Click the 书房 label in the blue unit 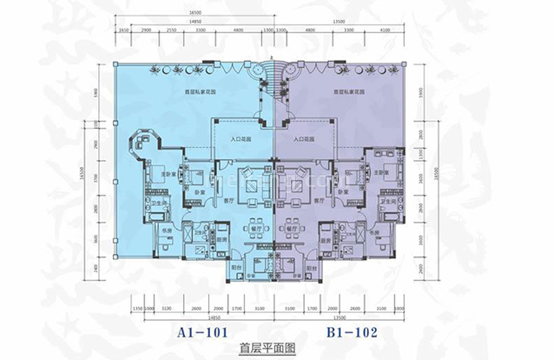coord(164,231)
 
